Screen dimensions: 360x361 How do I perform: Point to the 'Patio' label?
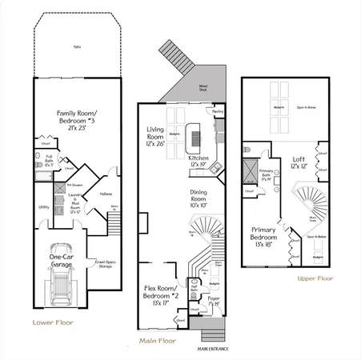click(77, 46)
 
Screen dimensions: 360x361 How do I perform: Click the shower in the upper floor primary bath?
click(249, 172)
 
